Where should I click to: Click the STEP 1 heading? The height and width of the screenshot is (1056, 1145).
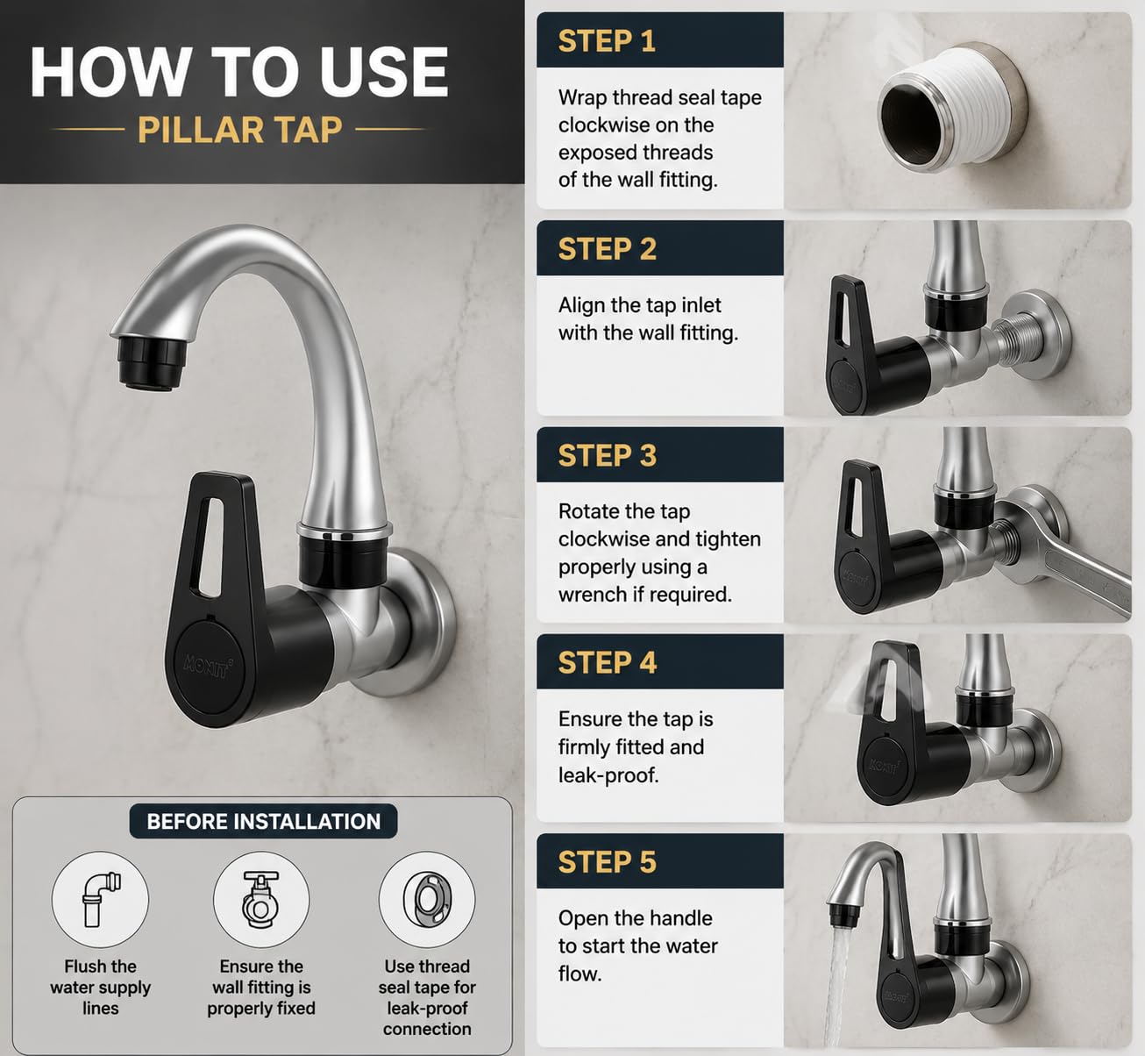click(x=607, y=41)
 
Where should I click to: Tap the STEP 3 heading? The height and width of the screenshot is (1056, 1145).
click(x=607, y=455)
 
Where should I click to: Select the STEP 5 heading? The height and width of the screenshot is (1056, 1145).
click(x=607, y=861)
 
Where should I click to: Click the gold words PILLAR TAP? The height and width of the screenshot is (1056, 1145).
click(x=240, y=129)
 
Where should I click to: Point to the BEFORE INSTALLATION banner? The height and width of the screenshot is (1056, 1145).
click(x=264, y=821)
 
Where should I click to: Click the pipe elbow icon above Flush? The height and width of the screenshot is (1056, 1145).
click(x=100, y=899)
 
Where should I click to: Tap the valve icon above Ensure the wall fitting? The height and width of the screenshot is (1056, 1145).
click(x=260, y=899)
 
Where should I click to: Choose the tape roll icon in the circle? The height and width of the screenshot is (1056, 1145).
click(x=427, y=899)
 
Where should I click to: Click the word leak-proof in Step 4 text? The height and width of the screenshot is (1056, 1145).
click(x=608, y=775)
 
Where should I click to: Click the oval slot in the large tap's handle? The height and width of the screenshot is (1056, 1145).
click(x=211, y=547)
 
